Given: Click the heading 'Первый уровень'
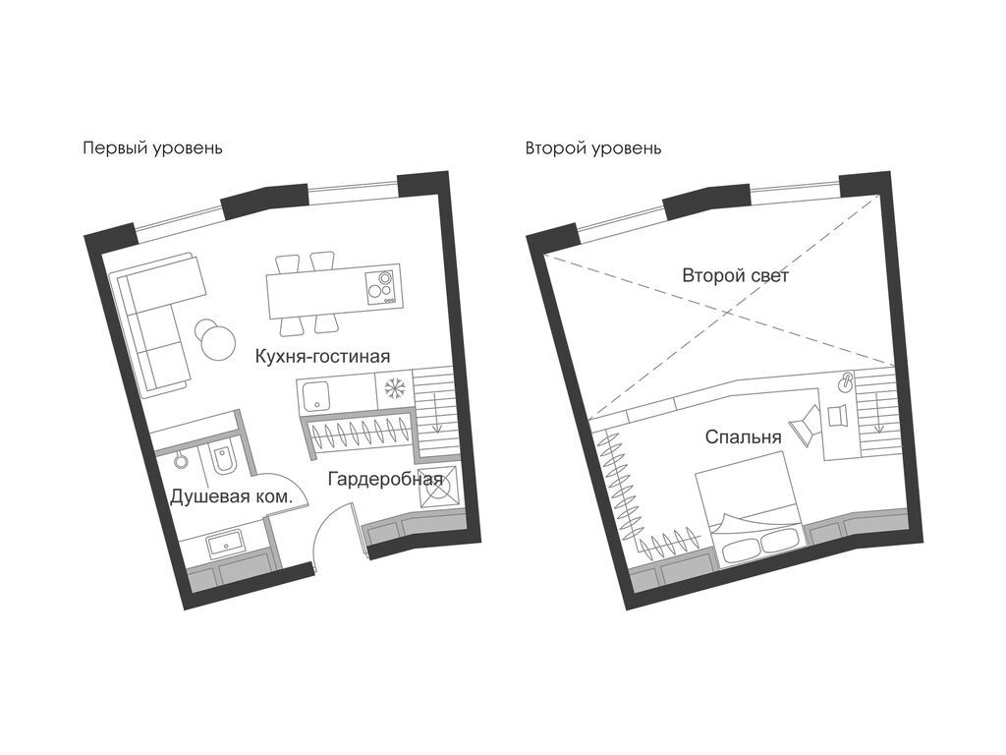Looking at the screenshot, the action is [x=152, y=149].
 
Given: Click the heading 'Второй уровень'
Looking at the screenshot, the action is [x=593, y=149].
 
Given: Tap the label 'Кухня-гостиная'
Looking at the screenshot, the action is [x=322, y=356].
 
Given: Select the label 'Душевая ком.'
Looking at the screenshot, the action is [x=231, y=496].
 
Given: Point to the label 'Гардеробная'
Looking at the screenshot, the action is [x=385, y=479].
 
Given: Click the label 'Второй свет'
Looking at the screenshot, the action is [x=735, y=276].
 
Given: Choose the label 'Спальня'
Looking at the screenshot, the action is [x=743, y=437].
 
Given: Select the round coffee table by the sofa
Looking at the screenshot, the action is [x=217, y=338].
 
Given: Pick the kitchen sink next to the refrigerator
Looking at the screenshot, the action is [x=315, y=396].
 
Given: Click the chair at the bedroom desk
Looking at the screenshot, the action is [x=806, y=425].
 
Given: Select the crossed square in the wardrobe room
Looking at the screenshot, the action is [x=439, y=488].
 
